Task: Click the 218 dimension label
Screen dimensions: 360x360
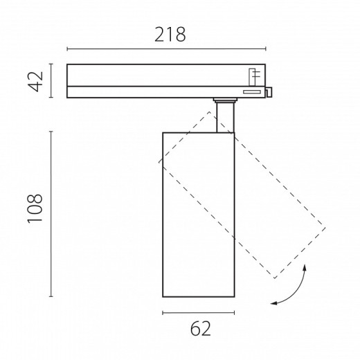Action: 170,35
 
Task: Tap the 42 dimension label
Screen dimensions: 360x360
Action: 35,82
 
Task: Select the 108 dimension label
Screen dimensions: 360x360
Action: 35,209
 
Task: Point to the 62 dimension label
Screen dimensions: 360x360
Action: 201,328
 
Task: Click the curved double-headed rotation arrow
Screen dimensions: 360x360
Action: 296,292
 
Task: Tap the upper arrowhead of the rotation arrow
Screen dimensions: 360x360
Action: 305,267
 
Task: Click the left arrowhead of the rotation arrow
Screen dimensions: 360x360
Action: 273,303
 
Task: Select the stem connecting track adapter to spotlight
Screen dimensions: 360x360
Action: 225,117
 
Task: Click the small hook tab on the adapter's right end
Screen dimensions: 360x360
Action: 269,92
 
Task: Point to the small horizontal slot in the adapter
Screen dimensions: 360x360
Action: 252,92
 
